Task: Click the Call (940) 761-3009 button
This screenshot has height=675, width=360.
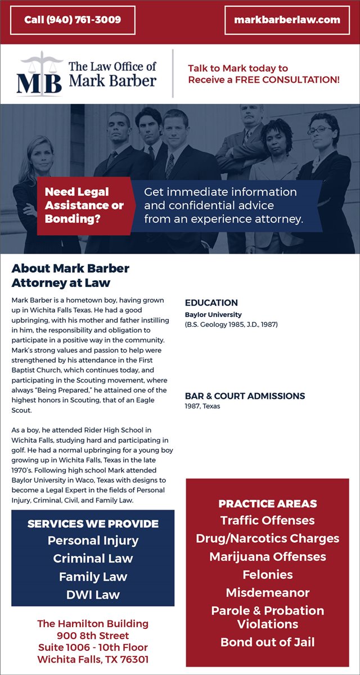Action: click(x=73, y=20)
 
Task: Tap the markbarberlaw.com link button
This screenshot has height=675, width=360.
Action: click(x=287, y=20)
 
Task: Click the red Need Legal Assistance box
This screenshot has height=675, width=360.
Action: click(x=84, y=205)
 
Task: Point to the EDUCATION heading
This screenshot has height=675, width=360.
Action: click(x=211, y=303)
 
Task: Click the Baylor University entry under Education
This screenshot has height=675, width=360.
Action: click(x=213, y=315)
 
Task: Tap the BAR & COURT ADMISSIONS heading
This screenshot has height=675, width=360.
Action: click(x=245, y=396)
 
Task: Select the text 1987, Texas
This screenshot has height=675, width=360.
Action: click(x=202, y=406)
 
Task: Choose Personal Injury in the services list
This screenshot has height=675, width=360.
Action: click(x=93, y=541)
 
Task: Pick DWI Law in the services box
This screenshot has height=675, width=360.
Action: click(x=93, y=595)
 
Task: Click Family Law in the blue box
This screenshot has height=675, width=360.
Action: click(x=93, y=577)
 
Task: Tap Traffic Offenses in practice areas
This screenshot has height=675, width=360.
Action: click(x=267, y=520)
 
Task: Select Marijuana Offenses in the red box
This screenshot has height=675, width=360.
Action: click(x=267, y=556)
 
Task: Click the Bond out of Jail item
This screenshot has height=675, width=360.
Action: click(x=267, y=642)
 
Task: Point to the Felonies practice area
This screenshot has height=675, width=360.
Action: click(x=267, y=574)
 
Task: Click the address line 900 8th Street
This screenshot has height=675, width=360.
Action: click(x=93, y=636)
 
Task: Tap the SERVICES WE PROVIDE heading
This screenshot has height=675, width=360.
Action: click(x=93, y=524)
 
